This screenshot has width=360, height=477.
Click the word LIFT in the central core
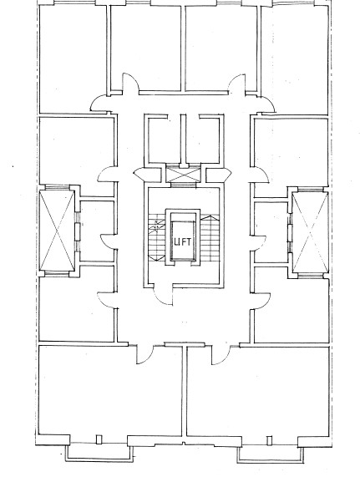point(183,242)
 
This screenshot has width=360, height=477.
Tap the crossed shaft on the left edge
point(57,231)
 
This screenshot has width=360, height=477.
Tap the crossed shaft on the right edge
point(310,232)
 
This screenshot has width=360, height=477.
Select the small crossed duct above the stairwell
point(184,174)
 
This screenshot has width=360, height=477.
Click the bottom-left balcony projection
point(99,454)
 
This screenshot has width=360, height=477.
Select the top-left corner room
point(73,59)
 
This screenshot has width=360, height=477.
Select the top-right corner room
point(294,60)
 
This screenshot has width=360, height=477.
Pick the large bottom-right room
point(258,392)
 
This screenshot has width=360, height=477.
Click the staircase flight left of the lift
point(157,237)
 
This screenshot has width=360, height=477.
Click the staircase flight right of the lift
point(210,238)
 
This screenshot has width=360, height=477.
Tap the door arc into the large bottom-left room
point(145,354)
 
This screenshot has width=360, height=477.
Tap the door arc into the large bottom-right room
point(221,355)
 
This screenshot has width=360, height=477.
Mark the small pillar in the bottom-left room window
point(99,440)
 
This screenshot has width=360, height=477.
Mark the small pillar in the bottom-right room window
point(269,440)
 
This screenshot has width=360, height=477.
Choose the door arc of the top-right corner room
point(268,104)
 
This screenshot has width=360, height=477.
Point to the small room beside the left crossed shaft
point(97,231)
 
